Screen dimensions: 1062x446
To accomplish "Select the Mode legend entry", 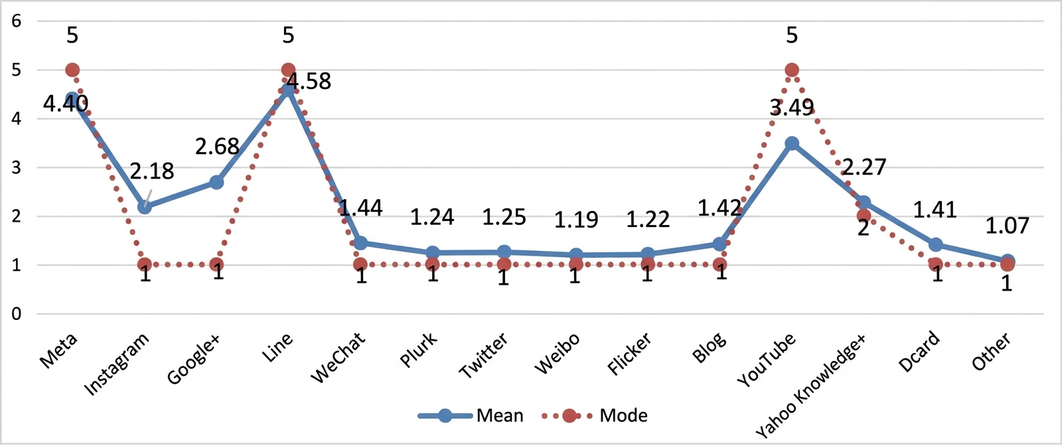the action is [x=595, y=415].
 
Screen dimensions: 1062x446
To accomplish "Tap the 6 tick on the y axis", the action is [x=16, y=21].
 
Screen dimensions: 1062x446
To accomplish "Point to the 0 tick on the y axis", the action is [x=16, y=314].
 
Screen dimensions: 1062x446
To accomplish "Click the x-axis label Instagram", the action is [x=117, y=364].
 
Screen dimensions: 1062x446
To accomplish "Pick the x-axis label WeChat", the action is [x=339, y=357].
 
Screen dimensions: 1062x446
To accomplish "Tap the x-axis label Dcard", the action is [x=919, y=351].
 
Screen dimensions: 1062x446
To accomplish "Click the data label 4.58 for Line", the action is [x=309, y=81].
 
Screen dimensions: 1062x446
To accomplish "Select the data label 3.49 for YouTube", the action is [x=792, y=108].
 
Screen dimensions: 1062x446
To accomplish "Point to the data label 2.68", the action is [x=217, y=147].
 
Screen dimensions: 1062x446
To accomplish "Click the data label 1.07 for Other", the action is [x=1008, y=226].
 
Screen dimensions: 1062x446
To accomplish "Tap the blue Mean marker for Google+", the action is [x=216, y=182].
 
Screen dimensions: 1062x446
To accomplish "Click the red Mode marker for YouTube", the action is [x=792, y=70].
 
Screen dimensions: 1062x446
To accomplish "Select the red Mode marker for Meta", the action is [x=72, y=70].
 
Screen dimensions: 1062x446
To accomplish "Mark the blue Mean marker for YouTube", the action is [x=792, y=143].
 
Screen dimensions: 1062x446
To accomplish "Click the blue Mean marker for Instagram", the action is [x=145, y=206].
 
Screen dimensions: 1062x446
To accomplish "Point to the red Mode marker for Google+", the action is [x=216, y=264].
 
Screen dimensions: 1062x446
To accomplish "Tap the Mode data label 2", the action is [x=864, y=228].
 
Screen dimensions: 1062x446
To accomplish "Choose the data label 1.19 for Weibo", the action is [x=576, y=220].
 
